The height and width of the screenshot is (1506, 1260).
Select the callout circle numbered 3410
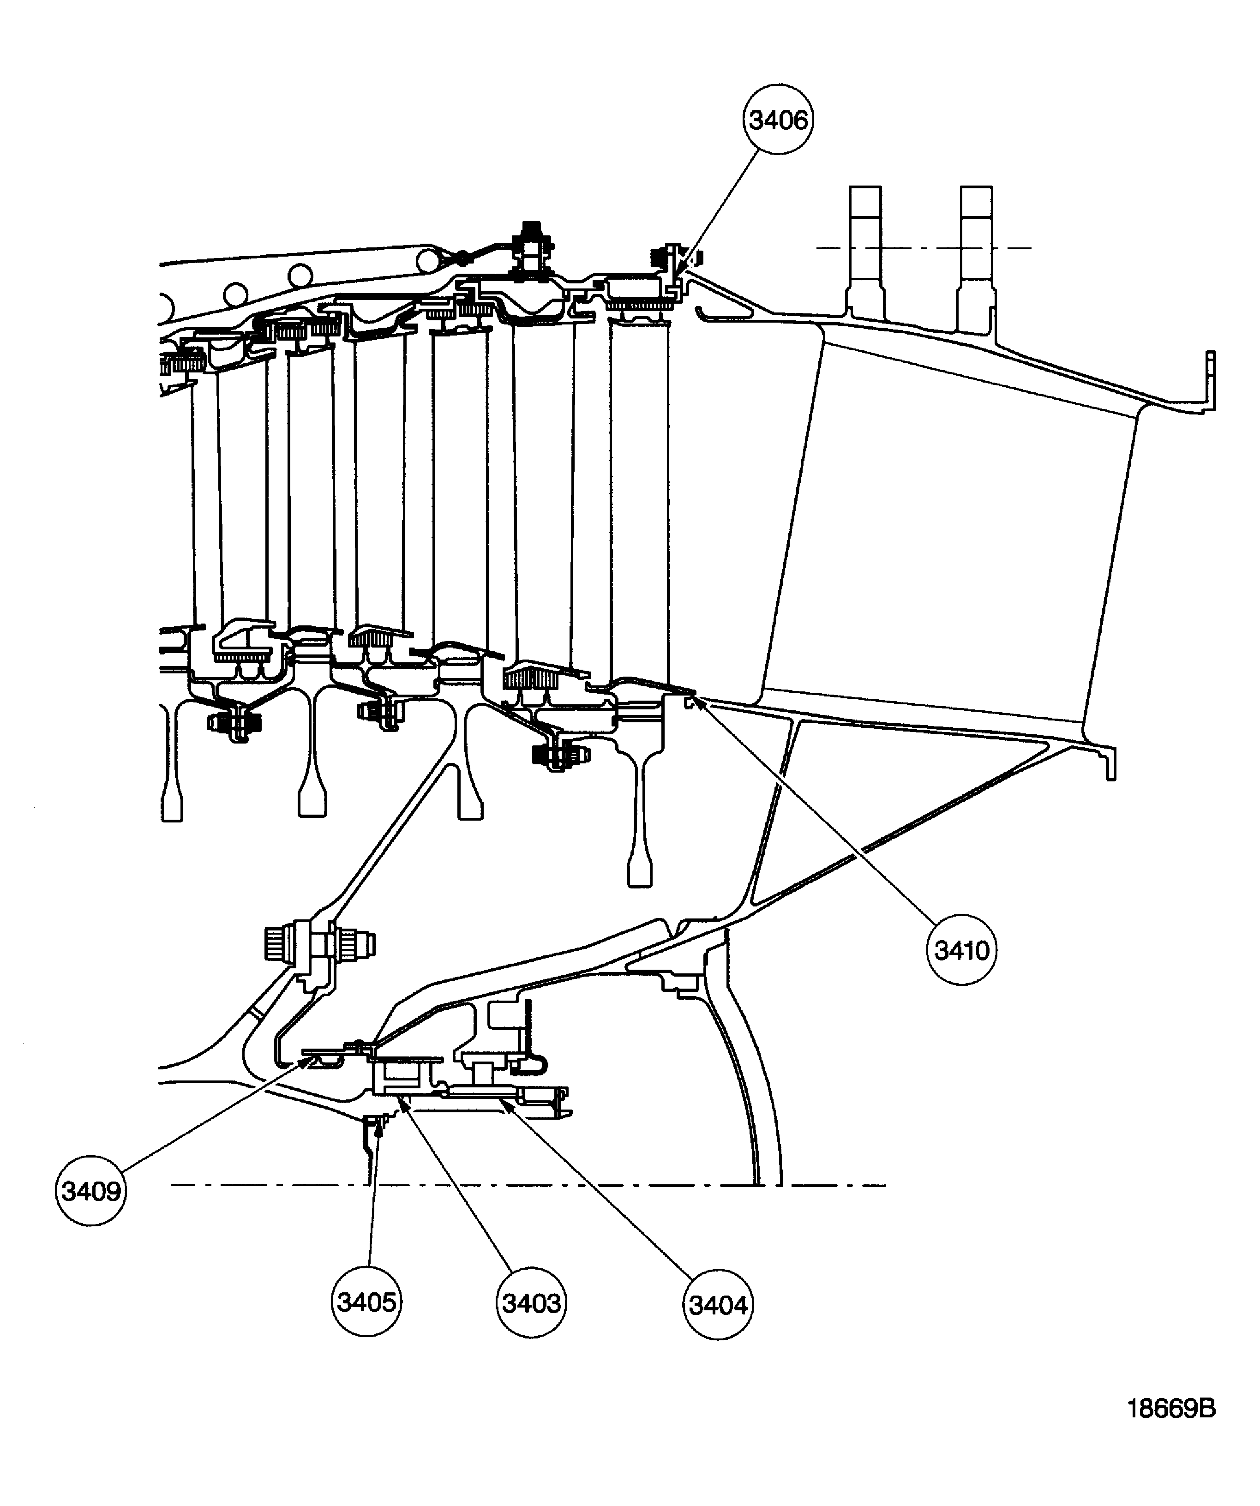click(961, 950)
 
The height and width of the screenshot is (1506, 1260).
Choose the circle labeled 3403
click(531, 1303)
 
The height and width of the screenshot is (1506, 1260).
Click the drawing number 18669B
click(1171, 1409)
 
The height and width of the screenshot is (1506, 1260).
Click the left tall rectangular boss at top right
click(865, 244)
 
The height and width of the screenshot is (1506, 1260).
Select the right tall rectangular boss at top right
click(976, 244)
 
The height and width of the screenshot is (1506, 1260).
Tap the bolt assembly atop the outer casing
click(531, 247)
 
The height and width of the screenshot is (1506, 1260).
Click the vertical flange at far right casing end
click(1210, 380)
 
